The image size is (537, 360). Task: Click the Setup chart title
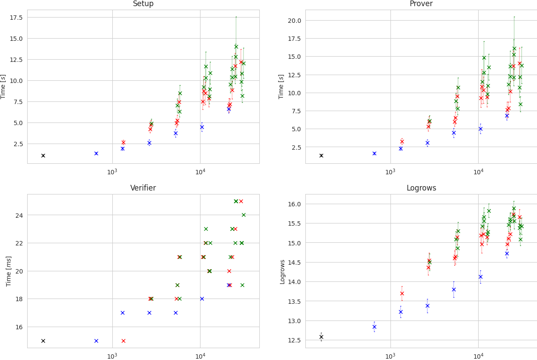click(143, 4)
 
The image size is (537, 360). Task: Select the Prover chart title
click(421, 4)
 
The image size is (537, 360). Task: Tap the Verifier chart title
click(143, 188)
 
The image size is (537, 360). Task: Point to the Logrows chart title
click(421, 188)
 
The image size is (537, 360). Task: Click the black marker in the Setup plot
click(43, 156)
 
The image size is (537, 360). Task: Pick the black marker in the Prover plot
click(321, 156)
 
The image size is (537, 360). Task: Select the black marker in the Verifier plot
click(43, 341)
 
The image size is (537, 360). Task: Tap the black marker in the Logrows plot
click(321, 337)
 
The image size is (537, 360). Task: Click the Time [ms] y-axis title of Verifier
click(9, 271)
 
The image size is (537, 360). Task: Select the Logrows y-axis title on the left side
click(283, 271)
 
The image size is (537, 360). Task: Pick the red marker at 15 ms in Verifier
click(123, 341)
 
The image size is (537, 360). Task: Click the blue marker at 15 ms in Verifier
click(96, 341)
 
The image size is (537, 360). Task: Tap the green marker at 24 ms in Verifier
click(243, 215)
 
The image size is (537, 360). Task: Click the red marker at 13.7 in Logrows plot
click(402, 293)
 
